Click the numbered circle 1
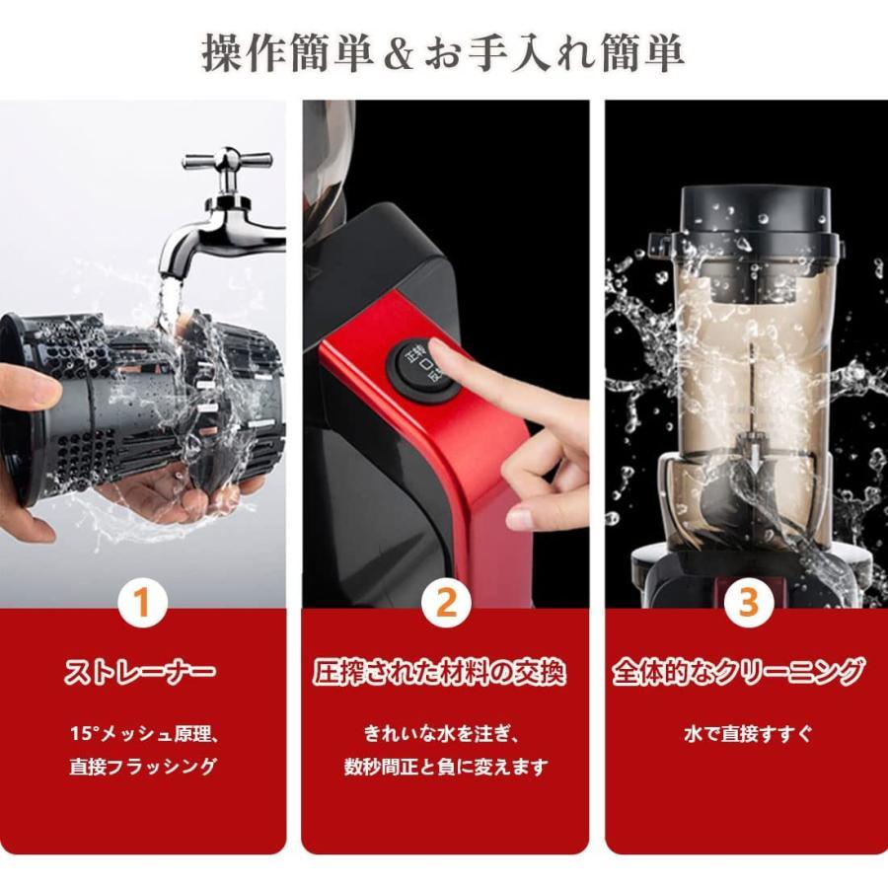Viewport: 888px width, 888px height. pyautogui.click(x=143, y=603)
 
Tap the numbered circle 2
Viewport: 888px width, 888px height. pyautogui.click(x=446, y=603)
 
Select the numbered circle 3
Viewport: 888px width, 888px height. pyautogui.click(x=749, y=603)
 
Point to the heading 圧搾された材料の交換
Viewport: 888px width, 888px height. pyautogui.click(x=446, y=674)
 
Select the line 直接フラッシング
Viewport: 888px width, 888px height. pyautogui.click(x=142, y=767)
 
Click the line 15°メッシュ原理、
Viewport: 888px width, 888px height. pyautogui.click(x=142, y=735)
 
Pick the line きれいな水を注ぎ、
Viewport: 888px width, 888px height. pyautogui.click(x=446, y=735)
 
